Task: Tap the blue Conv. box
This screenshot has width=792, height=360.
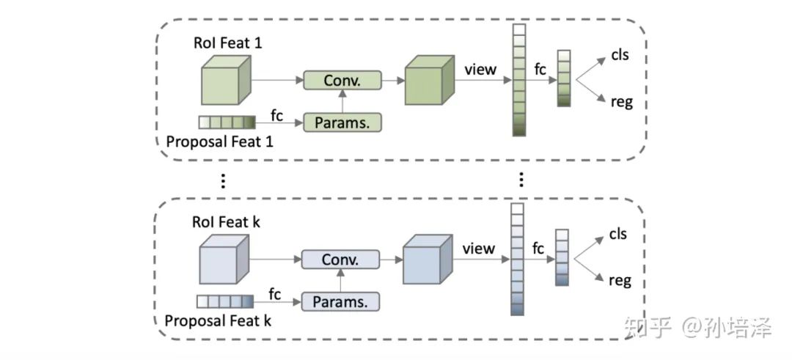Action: point(340,260)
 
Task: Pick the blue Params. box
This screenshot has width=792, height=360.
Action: point(340,301)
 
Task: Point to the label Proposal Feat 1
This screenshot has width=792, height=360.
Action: point(220,142)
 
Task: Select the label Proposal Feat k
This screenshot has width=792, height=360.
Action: point(217,320)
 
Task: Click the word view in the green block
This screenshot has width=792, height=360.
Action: point(480,70)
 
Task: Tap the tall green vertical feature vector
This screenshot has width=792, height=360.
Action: point(519,79)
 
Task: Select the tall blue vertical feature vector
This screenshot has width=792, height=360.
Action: point(516,259)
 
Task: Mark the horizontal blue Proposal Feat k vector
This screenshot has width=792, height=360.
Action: point(224,301)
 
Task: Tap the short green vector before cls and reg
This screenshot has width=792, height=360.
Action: point(563,79)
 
